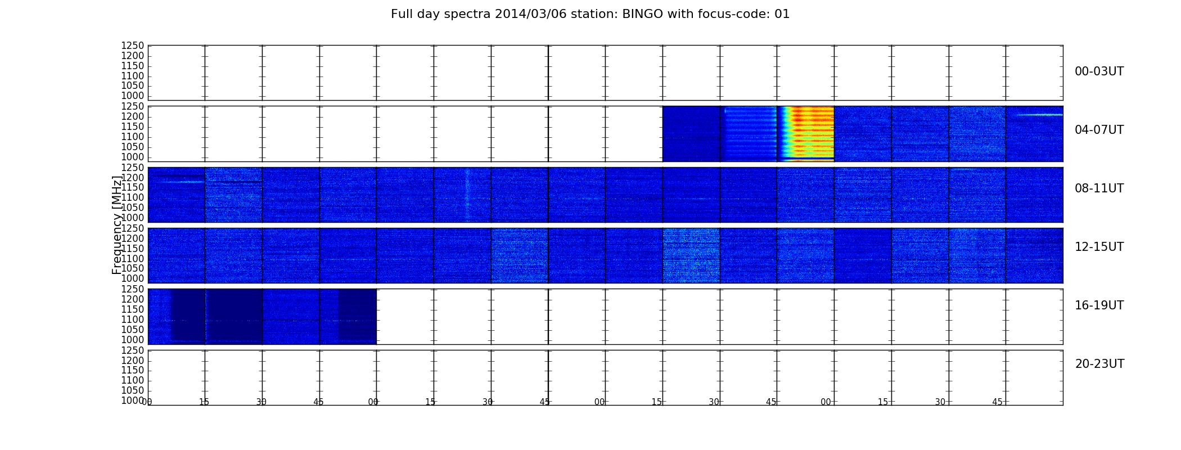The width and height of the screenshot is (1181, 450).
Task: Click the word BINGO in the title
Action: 643,14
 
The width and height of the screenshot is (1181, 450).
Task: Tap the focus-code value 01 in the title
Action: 782,14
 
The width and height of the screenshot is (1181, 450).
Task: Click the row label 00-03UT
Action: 1099,71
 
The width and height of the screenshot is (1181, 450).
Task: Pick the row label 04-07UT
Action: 1099,130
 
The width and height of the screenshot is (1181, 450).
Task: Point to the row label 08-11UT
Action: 1099,188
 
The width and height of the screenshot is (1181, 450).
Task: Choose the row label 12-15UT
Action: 1099,247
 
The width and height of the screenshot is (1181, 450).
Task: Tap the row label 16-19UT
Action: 1099,305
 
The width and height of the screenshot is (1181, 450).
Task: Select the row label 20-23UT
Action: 1099,364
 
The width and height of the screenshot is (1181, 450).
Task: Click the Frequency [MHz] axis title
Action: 117,225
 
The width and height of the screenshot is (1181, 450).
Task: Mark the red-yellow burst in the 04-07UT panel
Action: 805,134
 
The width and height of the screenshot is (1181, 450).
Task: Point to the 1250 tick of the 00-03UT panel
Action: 133,46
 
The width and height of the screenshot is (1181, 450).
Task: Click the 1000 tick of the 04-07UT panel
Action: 133,157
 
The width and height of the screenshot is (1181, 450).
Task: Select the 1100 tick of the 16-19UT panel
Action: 133,320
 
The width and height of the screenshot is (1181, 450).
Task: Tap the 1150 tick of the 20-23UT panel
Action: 133,371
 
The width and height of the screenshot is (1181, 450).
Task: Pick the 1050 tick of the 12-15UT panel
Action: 133,269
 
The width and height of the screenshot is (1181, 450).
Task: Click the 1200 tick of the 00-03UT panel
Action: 133,56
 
